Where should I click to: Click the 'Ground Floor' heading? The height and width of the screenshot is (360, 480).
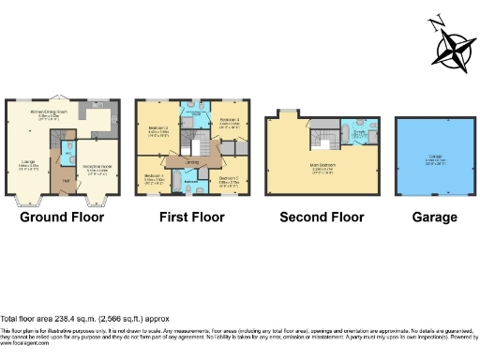coord(62,217)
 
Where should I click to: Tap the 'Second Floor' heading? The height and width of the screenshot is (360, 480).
coord(322,217)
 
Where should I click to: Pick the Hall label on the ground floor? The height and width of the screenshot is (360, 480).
coord(66,180)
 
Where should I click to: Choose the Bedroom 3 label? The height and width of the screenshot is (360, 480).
coord(231,121)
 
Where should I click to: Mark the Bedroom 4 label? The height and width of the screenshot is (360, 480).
coord(155,176)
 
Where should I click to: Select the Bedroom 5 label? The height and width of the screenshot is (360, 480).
coord(229,178)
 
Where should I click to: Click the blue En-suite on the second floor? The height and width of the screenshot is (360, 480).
coord(359,134)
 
